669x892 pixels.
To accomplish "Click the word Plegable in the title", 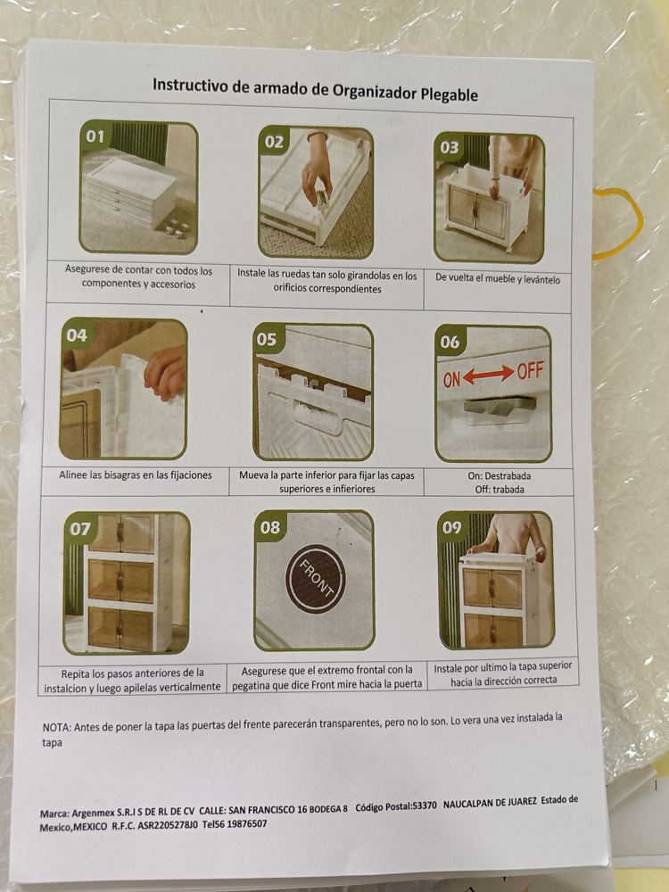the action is tap(449, 95).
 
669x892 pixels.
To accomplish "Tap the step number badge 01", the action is tap(95, 136).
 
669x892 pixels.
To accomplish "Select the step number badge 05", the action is tap(267, 339).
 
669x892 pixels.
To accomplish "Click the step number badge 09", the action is tap(452, 527).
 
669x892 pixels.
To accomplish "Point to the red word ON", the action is tap(451, 379).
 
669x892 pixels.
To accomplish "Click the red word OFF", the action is tap(530, 371).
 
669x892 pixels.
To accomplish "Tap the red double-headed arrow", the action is tap(489, 375).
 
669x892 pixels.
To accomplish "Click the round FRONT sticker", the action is tap(316, 579).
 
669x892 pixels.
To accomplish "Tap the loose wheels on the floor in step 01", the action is tap(178, 228).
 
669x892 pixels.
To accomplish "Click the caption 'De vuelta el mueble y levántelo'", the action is tap(498, 278).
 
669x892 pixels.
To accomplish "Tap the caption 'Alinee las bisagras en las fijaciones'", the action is tap(136, 475).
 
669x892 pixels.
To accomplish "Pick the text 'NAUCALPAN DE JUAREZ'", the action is tap(490, 802).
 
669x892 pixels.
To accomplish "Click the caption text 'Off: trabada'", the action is tap(500, 489).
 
